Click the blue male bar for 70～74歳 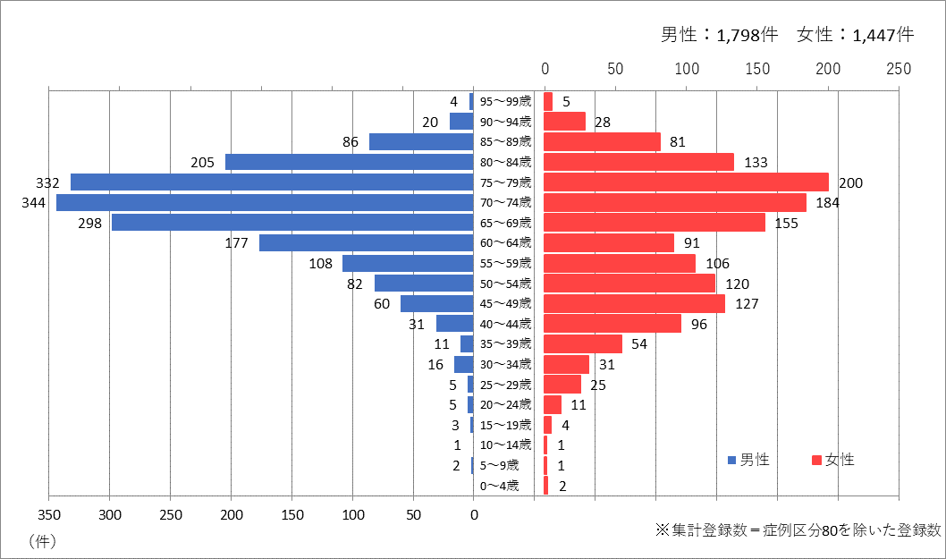coord(265,203)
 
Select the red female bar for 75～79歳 coord(686,182)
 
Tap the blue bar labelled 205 coord(350,162)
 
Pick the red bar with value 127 coord(634,303)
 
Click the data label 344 coord(34,203)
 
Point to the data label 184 coord(828,203)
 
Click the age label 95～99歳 coord(505,101)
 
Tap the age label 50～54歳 coord(505,284)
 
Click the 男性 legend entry coord(749,460)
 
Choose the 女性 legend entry coord(833,460)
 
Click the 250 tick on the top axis coord(899,69)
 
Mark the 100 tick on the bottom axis coord(353,514)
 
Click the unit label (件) coord(43,540)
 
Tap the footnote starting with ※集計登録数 coord(798,530)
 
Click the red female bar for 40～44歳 coord(612,324)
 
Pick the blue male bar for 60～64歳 coord(366,243)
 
